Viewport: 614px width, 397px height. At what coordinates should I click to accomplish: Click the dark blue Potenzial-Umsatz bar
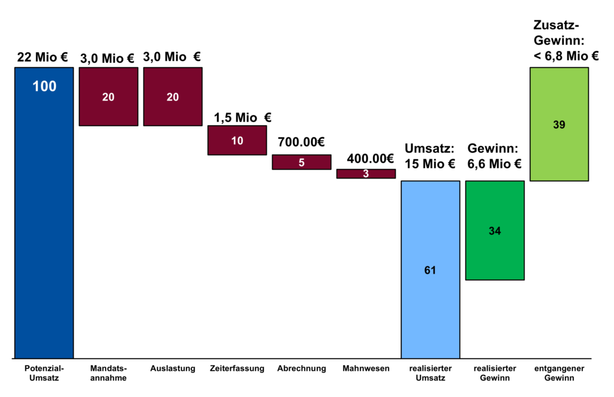(44, 213)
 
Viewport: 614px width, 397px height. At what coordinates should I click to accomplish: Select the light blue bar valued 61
(431, 269)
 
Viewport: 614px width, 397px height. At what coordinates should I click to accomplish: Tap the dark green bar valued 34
(495, 231)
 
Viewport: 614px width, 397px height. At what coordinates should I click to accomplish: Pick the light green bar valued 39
(559, 124)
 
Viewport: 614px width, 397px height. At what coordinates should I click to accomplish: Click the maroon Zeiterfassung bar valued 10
(237, 140)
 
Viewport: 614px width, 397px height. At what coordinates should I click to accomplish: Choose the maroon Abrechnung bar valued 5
(302, 162)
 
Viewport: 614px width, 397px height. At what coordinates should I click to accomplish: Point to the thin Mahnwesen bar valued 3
(366, 174)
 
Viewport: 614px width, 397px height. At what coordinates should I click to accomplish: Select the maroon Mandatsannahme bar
(109, 96)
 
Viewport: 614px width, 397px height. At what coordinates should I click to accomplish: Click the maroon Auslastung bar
(173, 96)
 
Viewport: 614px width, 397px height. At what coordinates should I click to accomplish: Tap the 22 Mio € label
(43, 57)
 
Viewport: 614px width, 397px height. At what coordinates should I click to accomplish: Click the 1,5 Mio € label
(242, 117)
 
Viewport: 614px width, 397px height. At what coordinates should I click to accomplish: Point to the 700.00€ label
(301, 142)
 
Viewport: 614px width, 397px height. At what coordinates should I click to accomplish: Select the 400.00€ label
(370, 159)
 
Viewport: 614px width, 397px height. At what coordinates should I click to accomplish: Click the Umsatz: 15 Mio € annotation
(430, 156)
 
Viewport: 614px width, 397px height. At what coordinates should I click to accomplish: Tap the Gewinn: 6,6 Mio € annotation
(494, 156)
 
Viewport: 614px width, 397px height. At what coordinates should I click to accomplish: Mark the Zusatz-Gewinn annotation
(566, 41)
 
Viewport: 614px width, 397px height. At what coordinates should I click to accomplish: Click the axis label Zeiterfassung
(237, 368)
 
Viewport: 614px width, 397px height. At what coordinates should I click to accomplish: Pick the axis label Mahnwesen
(366, 368)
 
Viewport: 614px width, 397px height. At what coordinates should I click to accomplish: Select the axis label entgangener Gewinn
(559, 373)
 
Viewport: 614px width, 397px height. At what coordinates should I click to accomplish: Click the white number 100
(44, 86)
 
